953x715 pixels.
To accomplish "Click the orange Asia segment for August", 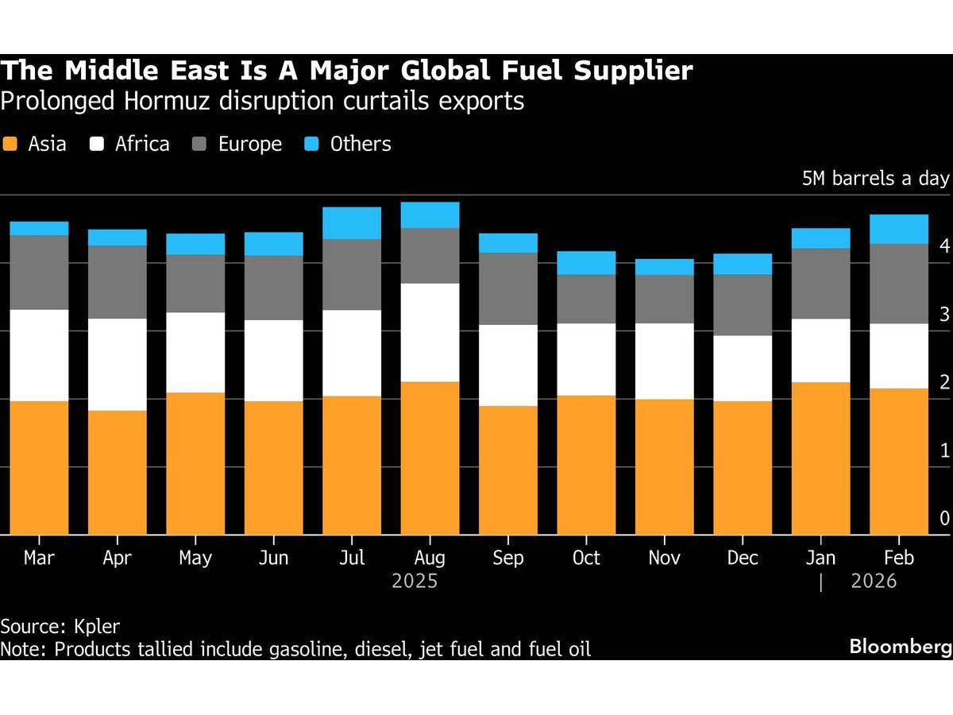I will pos(430,458).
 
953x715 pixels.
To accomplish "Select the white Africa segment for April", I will pos(117,365).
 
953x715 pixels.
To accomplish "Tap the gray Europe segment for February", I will pos(899,284).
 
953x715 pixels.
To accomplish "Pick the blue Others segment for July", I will pos(352,223).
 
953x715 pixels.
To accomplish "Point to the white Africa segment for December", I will pos(743,368).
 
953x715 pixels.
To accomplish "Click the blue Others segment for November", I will pos(665,267).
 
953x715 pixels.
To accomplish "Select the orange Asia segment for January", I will pos(821,458).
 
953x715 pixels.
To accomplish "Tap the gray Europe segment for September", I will pos(508,288).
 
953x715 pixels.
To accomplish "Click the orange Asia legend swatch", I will pos(10,145).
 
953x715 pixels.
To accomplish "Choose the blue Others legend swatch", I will pos(312,145).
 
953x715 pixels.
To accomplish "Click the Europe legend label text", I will pos(250,144).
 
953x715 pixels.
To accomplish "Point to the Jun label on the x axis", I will pos(273,558).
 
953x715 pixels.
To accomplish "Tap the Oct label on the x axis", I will pos(586,558).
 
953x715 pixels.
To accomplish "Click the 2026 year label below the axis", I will pos(874,582).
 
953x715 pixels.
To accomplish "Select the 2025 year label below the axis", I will pos(415,582).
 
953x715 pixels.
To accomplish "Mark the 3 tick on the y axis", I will pos(944,315).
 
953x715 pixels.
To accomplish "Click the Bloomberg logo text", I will pos(900,647).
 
